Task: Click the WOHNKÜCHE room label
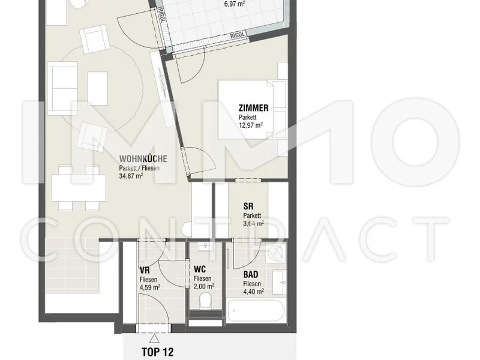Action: click(x=143, y=158)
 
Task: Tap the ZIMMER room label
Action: click(x=253, y=108)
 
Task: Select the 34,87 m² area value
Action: click(x=131, y=176)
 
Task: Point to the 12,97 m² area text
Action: click(x=251, y=125)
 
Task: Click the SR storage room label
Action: click(x=248, y=206)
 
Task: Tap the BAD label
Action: click(x=251, y=274)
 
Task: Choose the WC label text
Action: click(x=200, y=269)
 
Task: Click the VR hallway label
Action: click(x=145, y=271)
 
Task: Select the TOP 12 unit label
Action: click(x=157, y=352)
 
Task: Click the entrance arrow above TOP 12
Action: click(x=154, y=338)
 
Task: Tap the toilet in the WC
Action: click(x=205, y=301)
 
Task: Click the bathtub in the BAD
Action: click(x=256, y=310)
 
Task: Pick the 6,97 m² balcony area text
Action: click(x=235, y=4)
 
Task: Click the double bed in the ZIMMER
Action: click(x=252, y=109)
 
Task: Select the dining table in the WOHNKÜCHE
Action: click(x=79, y=188)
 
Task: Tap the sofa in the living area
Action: click(x=62, y=88)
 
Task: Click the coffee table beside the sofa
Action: click(x=98, y=88)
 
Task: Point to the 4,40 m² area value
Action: click(x=253, y=292)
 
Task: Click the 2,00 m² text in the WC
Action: click(x=204, y=286)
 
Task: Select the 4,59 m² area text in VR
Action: click(x=150, y=287)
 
